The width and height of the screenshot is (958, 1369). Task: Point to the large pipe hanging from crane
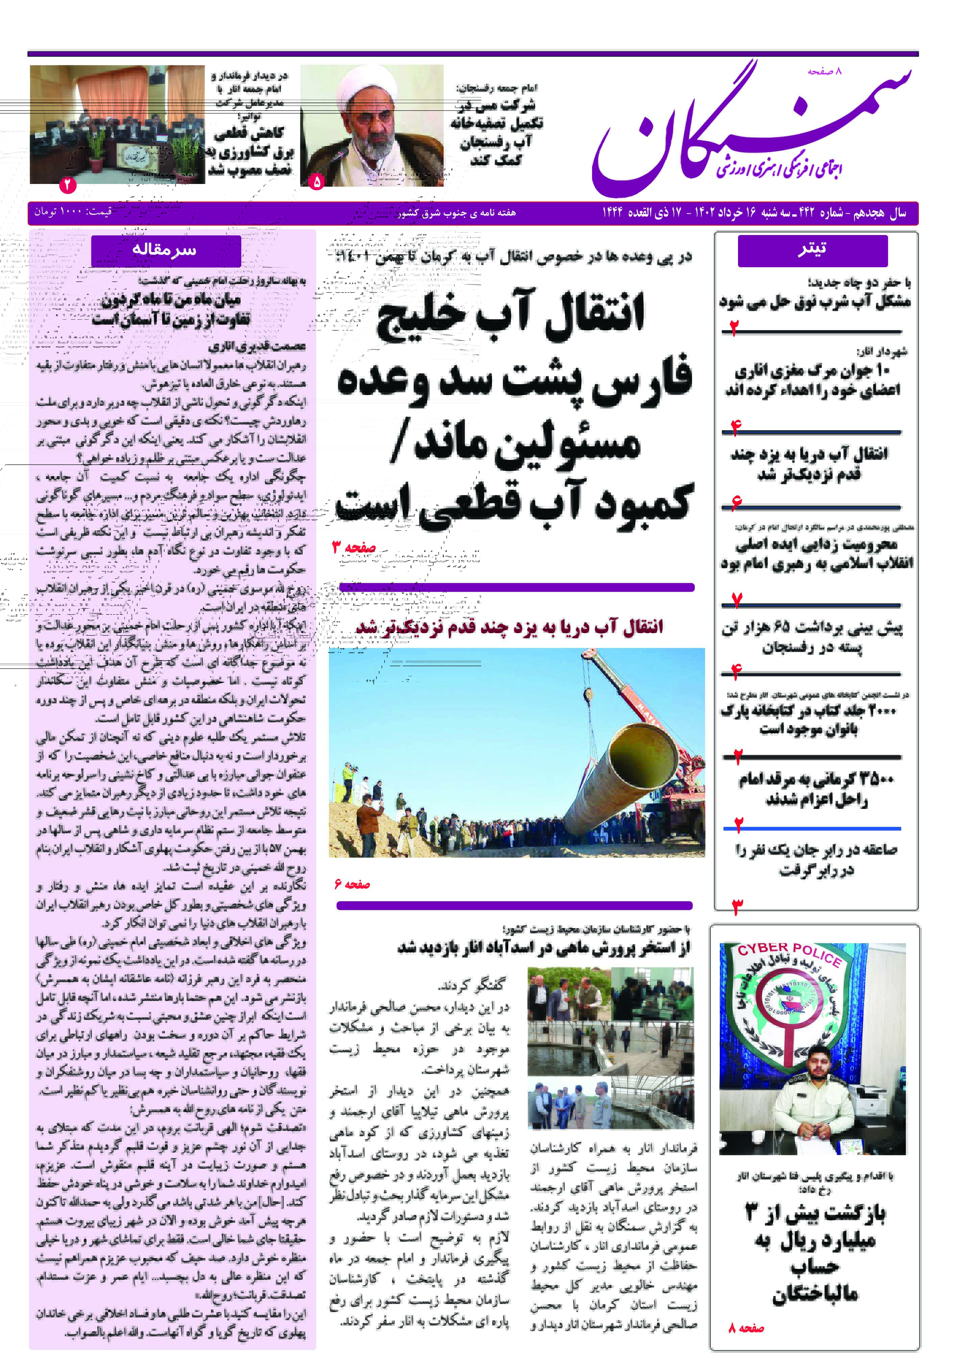click(x=620, y=769)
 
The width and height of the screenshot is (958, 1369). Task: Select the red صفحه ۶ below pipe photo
click(x=352, y=884)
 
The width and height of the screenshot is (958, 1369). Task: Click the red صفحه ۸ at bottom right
click(x=746, y=1328)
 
